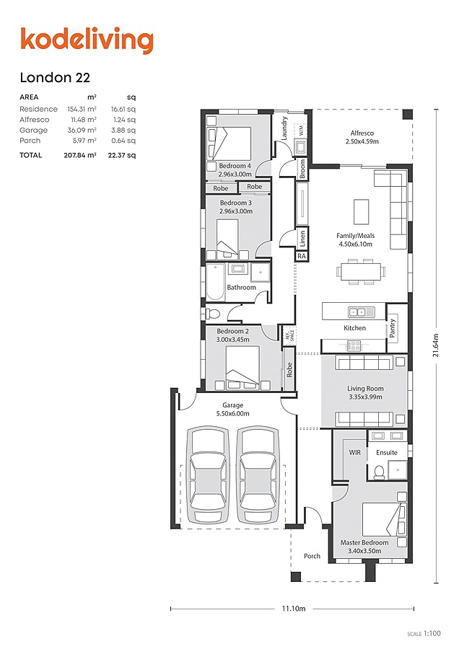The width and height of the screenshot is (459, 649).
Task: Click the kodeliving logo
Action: click(x=87, y=40)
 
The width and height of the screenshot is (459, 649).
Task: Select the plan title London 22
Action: click(x=55, y=77)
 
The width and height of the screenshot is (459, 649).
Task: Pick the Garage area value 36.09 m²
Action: click(x=82, y=130)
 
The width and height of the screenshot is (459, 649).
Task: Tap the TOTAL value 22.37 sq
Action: click(x=121, y=155)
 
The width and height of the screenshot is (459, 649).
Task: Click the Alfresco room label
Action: click(x=362, y=133)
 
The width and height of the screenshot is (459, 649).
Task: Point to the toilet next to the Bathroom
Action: click(x=211, y=313)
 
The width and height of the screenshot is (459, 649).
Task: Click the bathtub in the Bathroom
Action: click(x=214, y=281)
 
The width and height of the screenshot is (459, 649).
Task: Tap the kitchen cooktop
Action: click(x=354, y=345)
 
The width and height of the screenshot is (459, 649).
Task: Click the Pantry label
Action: click(x=393, y=328)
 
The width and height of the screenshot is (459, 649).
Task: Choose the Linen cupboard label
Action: click(x=302, y=239)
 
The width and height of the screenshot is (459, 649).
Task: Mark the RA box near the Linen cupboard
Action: click(x=301, y=256)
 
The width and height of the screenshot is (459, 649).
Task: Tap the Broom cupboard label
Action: click(x=302, y=169)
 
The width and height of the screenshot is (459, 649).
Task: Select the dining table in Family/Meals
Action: click(x=360, y=272)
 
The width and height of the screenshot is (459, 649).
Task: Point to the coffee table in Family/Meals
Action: click(x=362, y=211)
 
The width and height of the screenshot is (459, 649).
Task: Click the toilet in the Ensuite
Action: click(x=379, y=471)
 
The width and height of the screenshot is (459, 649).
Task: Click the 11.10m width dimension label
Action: click(x=294, y=609)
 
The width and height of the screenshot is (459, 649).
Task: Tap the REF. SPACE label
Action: click(x=289, y=334)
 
